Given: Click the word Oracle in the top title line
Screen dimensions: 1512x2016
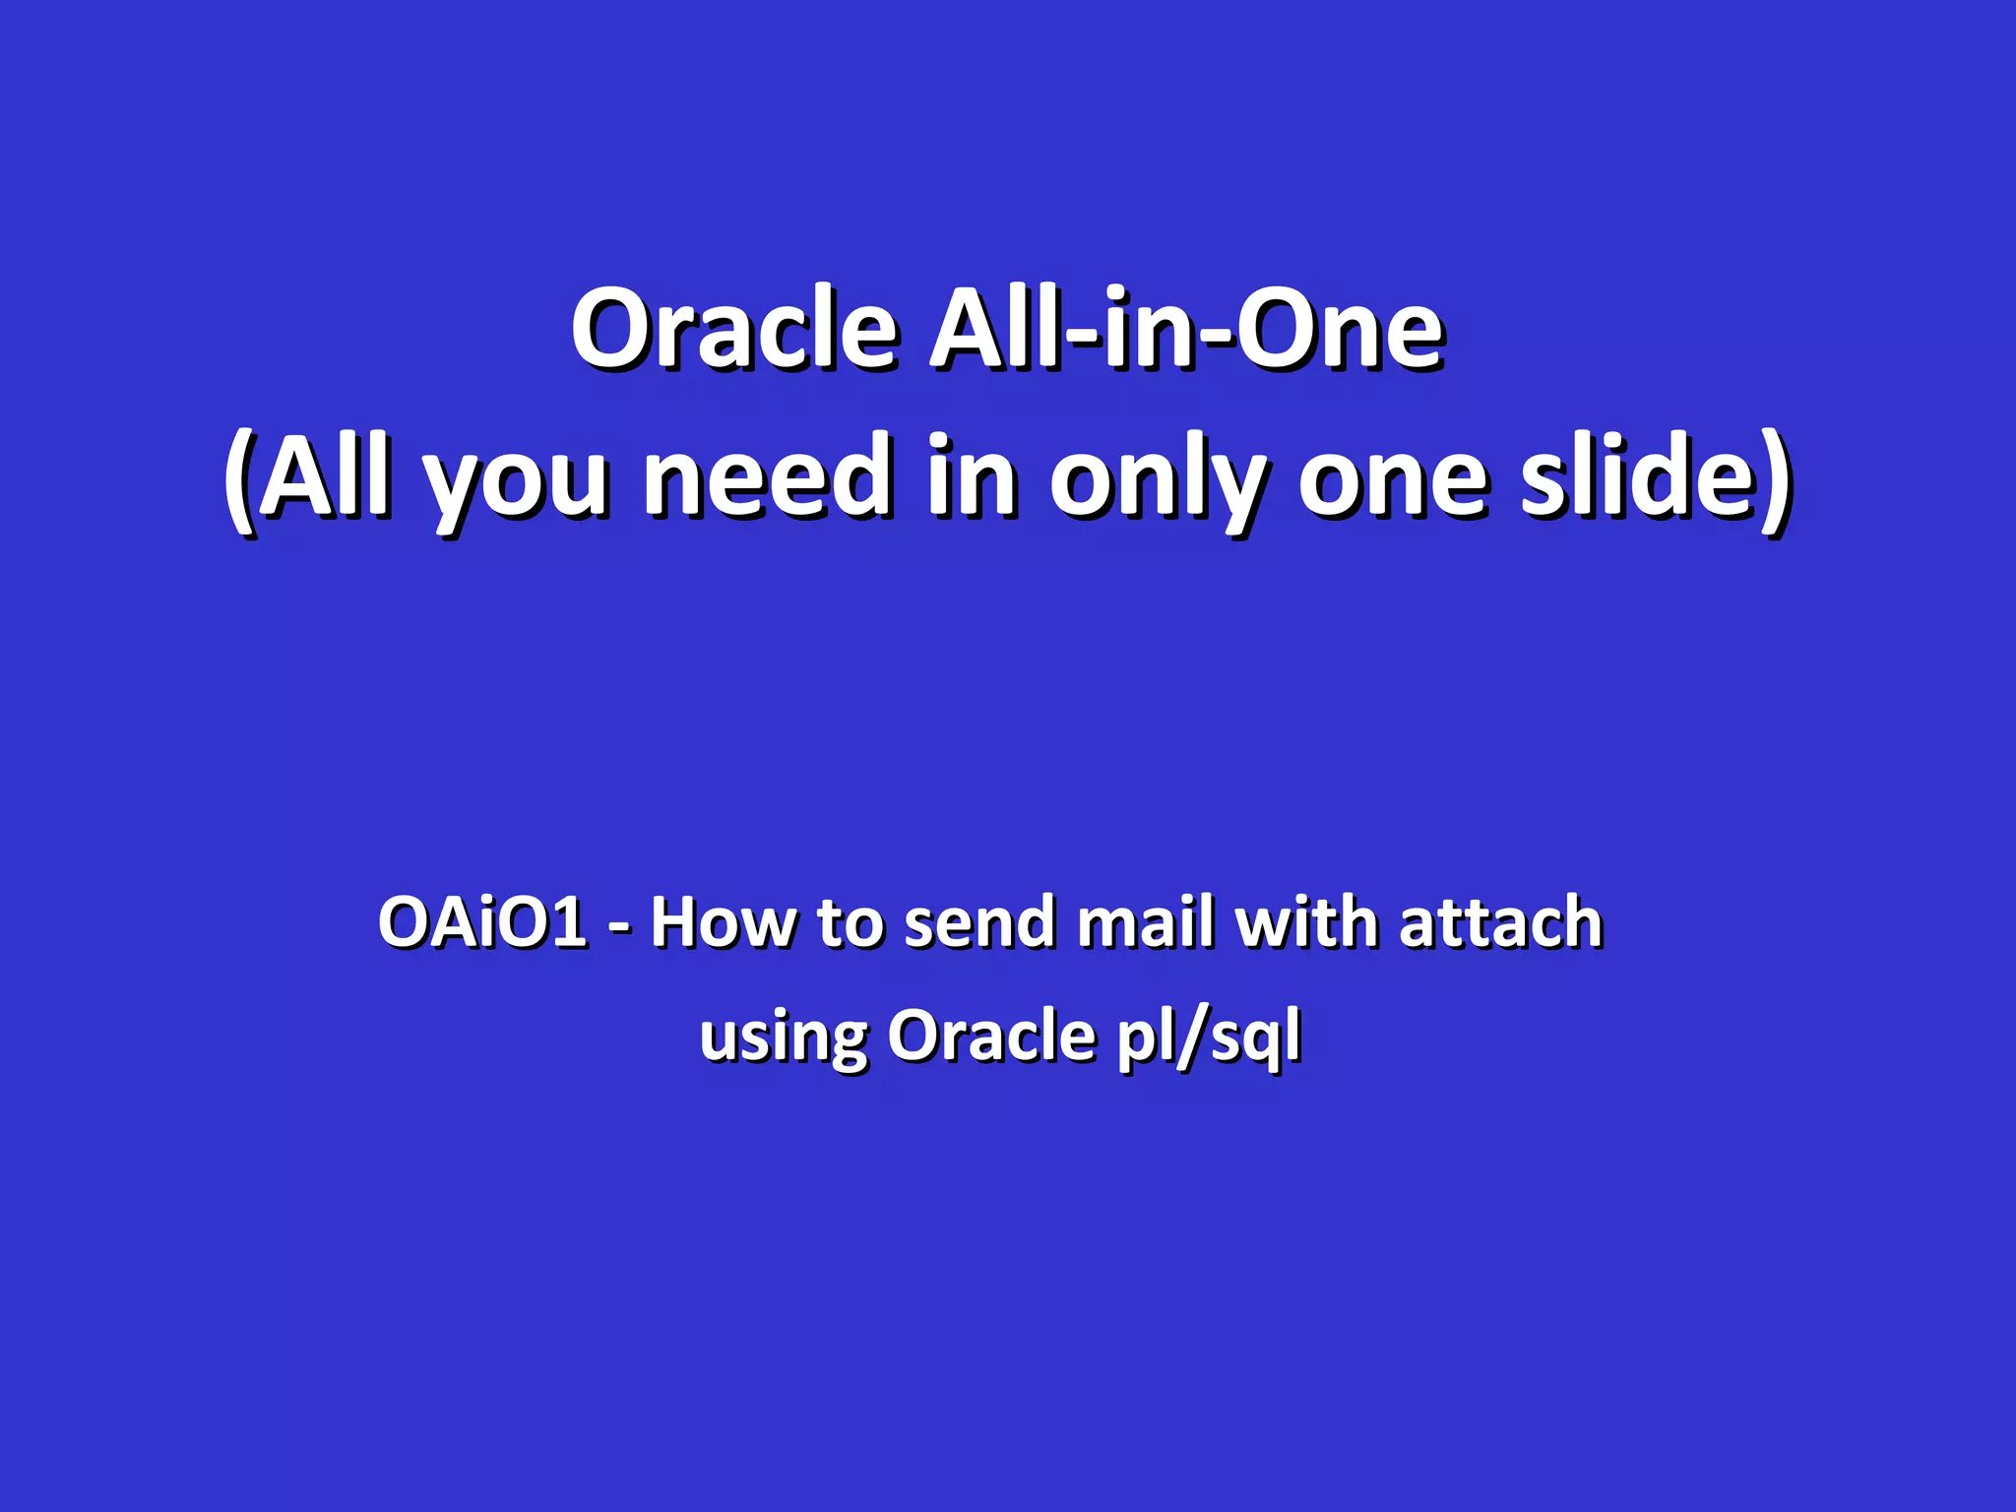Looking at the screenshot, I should (733, 330).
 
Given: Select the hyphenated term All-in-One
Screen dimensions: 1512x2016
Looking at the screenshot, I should (1186, 330).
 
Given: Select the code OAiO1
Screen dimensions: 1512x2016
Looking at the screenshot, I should (482, 922).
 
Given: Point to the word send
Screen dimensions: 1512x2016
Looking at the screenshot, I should (979, 922).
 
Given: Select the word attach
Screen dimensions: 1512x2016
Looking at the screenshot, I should (1500, 922).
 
